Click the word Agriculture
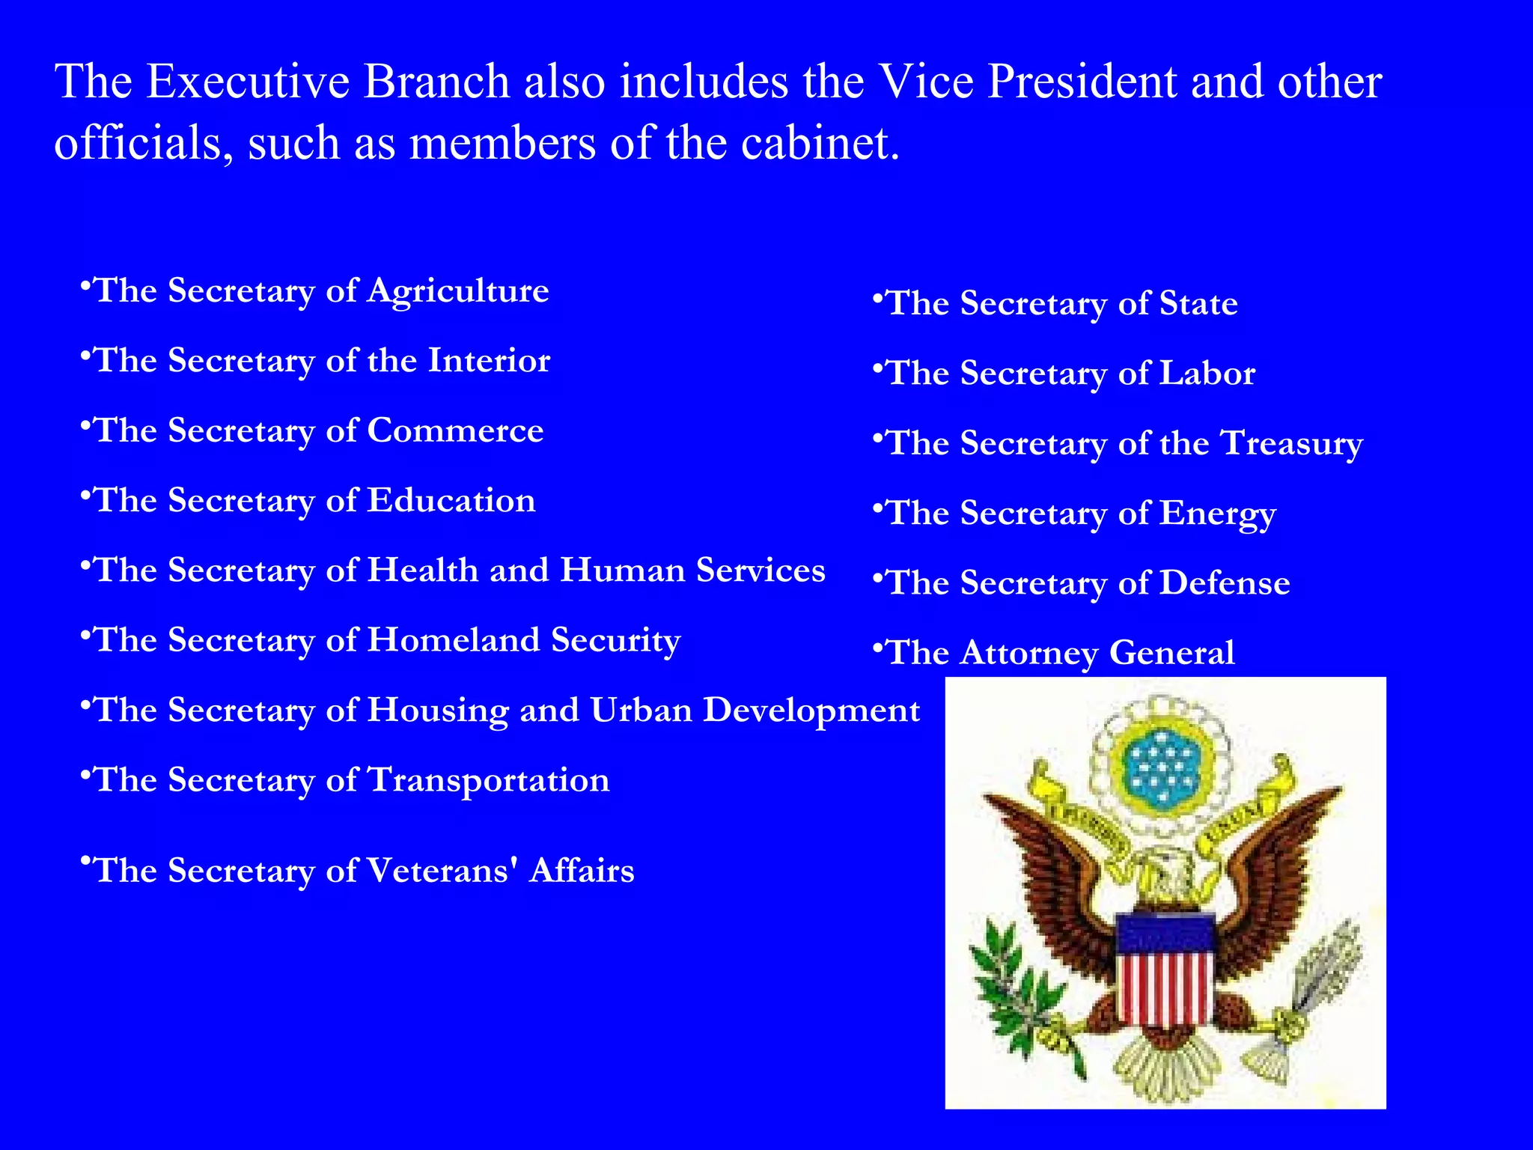[x=457, y=291]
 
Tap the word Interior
[x=489, y=360]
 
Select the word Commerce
[x=455, y=431]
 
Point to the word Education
[x=451, y=500]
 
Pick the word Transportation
[x=489, y=780]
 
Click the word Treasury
[x=1291, y=443]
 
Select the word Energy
[x=1218, y=514]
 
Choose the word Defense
[x=1225, y=583]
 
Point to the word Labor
[x=1207, y=374]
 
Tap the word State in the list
[x=1198, y=304]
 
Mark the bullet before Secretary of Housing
[x=85, y=704]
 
